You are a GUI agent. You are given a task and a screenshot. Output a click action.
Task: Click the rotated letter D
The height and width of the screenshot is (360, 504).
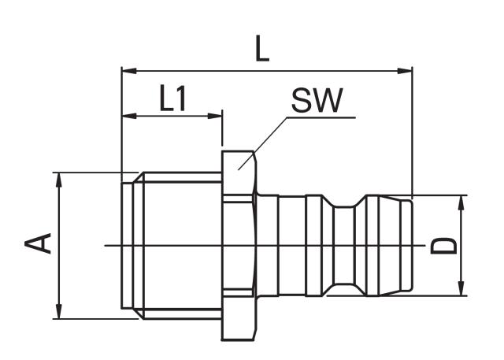[x=446, y=246]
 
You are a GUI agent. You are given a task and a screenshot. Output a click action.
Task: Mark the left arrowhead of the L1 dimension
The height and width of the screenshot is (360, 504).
[x=128, y=117]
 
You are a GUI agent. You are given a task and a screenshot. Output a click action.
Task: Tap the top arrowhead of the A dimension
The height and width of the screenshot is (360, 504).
[x=59, y=179]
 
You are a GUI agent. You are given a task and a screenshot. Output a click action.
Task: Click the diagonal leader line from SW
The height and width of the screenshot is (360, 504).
[x=264, y=141]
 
